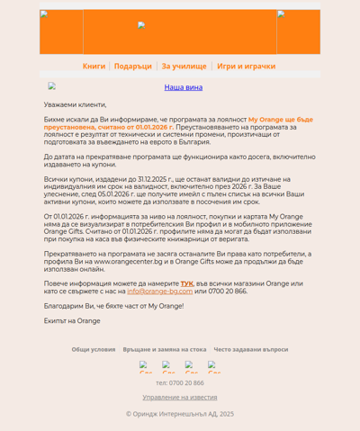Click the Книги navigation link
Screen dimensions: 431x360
[x=94, y=67]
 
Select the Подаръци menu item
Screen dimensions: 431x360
[x=133, y=67]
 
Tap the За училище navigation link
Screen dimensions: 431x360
[x=184, y=67]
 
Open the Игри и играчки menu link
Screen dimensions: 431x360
[x=246, y=67]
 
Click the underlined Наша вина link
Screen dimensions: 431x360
[x=183, y=87]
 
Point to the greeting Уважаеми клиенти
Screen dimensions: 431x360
[x=75, y=104]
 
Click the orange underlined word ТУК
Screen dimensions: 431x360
[x=186, y=283]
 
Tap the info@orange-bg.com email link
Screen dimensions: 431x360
[x=159, y=292]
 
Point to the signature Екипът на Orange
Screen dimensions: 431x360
[x=72, y=321]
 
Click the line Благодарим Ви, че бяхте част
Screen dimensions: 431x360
[x=113, y=306]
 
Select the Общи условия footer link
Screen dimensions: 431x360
[x=94, y=349]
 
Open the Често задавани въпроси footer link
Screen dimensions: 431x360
[x=251, y=349]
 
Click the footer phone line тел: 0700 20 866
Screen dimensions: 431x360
[x=180, y=383]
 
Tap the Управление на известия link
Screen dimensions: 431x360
[x=180, y=397]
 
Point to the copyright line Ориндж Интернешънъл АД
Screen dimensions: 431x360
[x=180, y=414]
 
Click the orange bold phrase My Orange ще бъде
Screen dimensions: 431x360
[x=280, y=120]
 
